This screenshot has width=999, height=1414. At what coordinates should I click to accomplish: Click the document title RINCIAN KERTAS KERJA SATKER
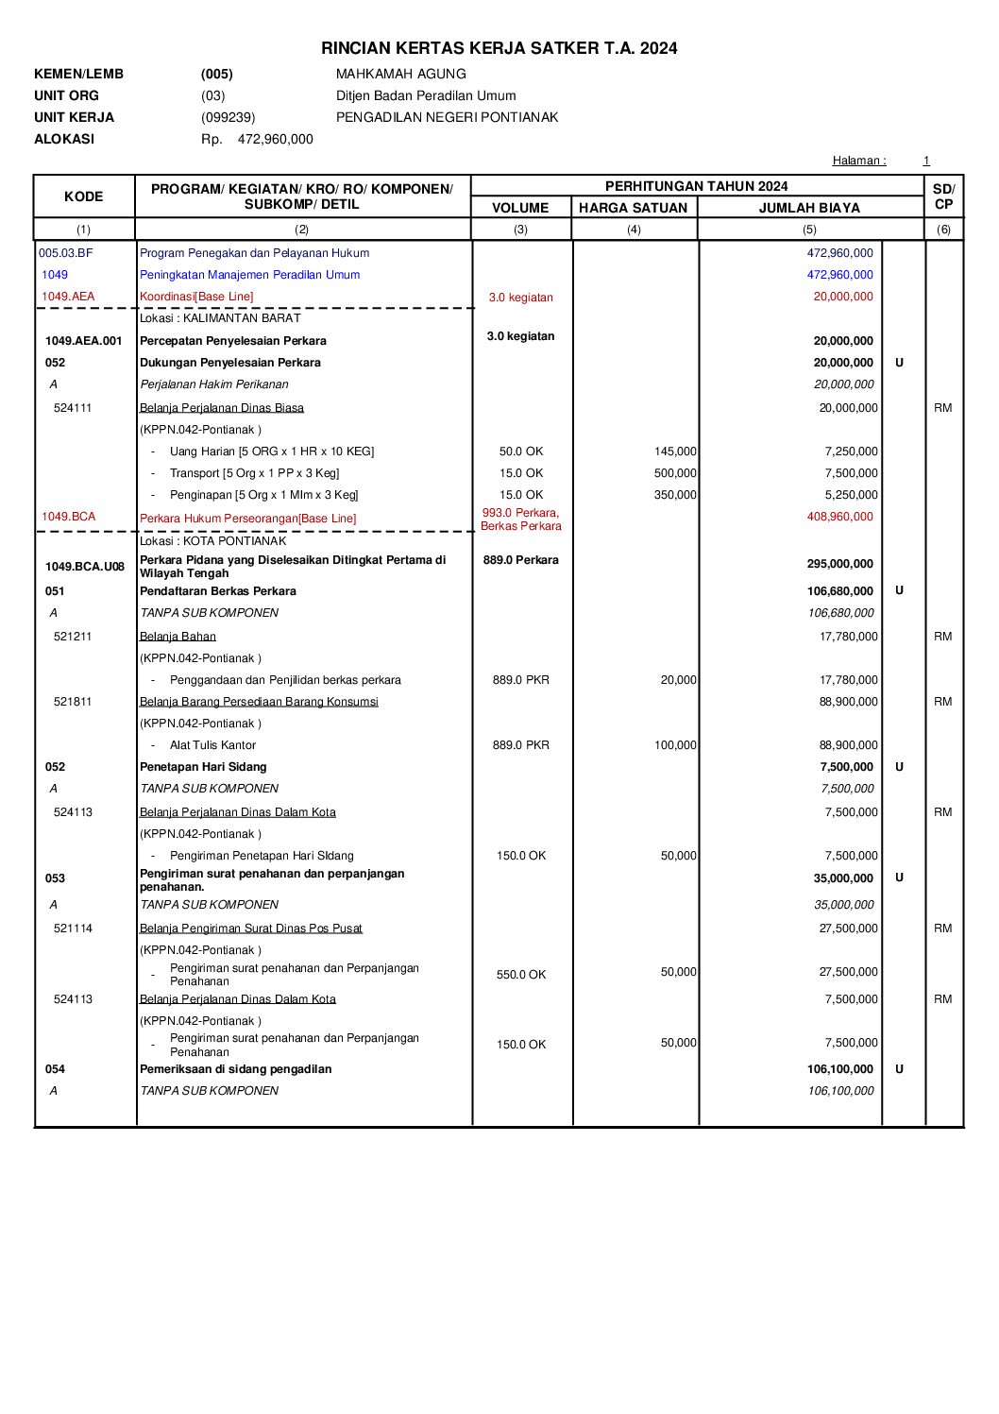(499, 48)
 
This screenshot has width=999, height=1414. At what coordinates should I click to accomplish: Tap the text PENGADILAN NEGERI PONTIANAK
(447, 117)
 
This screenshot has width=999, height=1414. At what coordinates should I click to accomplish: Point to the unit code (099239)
(228, 117)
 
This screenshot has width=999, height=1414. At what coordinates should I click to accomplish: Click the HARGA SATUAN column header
(633, 208)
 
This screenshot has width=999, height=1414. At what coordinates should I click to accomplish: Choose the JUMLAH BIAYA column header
(809, 208)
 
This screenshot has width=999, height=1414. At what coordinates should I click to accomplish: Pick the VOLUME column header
(520, 208)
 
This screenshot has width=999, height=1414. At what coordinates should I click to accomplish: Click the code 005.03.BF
(66, 253)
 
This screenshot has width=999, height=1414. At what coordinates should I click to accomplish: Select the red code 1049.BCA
(68, 517)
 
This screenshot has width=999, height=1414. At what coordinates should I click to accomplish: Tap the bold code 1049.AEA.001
(84, 341)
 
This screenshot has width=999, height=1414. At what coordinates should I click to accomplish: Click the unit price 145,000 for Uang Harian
(675, 451)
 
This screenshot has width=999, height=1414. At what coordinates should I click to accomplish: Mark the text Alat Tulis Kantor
(212, 745)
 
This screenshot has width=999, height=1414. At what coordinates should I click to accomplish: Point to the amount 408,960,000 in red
(839, 517)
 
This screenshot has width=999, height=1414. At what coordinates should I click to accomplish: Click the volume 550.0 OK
(521, 975)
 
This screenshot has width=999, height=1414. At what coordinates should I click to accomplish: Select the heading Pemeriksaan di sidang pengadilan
(235, 1069)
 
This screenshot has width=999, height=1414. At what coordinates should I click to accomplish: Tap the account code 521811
(73, 702)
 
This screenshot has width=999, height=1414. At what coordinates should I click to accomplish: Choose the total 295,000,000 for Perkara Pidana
(839, 564)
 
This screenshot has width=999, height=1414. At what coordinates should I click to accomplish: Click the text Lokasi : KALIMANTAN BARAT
(220, 318)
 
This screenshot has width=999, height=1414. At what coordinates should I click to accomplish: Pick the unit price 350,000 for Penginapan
(675, 495)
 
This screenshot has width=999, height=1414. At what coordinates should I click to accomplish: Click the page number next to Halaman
(926, 161)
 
